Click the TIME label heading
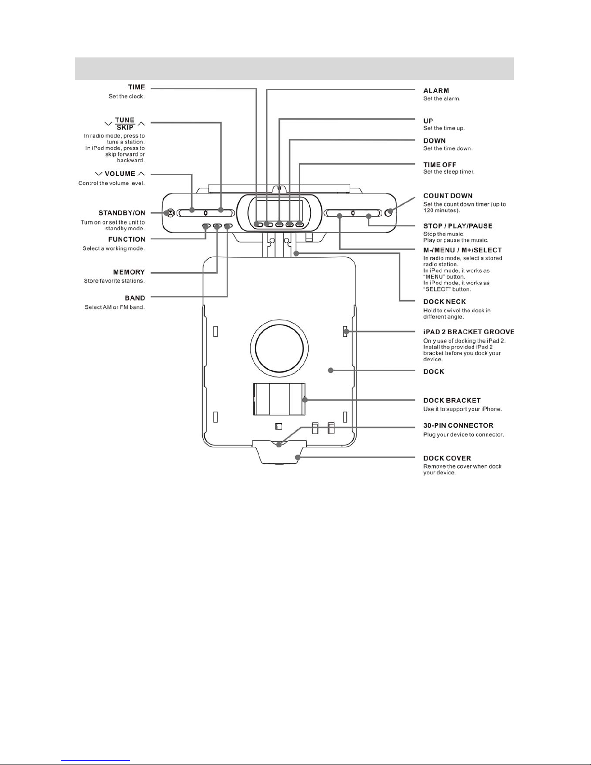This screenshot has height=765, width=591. (x=137, y=87)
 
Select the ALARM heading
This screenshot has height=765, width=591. (x=436, y=91)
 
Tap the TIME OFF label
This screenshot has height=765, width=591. (x=440, y=165)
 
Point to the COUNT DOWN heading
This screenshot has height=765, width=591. (x=448, y=196)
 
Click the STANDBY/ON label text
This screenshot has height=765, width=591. (x=122, y=213)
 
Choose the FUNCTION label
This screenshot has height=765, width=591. (x=126, y=239)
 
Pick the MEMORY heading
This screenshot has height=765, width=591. (x=129, y=272)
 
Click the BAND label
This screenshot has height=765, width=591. (x=135, y=298)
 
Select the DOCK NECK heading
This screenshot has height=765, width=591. (x=445, y=302)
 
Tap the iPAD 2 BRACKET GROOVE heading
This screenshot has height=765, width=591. (x=469, y=332)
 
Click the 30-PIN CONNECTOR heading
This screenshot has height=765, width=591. (x=458, y=425)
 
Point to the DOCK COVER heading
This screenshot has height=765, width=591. (x=447, y=459)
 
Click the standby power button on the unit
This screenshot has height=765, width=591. (x=170, y=213)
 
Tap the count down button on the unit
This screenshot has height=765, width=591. (x=388, y=212)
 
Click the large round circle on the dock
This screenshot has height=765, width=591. (x=279, y=348)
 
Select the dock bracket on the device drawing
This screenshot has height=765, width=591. (x=279, y=399)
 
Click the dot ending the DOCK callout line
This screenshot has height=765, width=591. (x=330, y=370)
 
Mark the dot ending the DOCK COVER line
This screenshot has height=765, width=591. (x=298, y=457)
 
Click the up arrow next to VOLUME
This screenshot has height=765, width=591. (x=141, y=174)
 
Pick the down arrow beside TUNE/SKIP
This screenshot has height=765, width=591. (x=109, y=124)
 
